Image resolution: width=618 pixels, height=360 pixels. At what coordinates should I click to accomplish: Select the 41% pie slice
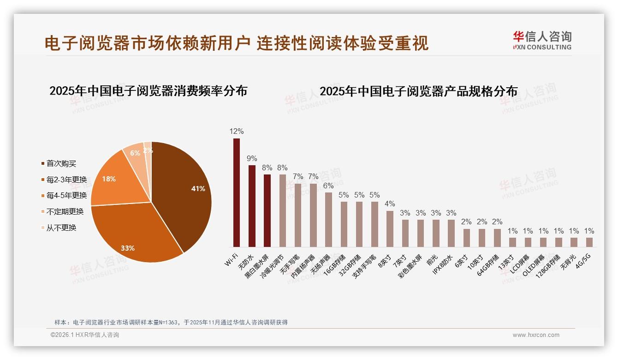tap(184, 194)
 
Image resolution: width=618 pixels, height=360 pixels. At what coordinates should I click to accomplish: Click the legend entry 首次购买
tap(61, 163)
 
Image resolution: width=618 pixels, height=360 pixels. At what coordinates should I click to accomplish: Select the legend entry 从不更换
tap(61, 228)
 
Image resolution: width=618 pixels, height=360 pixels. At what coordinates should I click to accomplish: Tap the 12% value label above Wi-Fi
tap(237, 132)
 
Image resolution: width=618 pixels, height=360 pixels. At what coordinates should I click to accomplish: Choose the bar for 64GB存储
tap(497, 238)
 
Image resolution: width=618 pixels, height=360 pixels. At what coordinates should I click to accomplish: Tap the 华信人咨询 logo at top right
tap(542, 40)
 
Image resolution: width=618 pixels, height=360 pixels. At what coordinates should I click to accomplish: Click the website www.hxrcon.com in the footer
tap(536, 335)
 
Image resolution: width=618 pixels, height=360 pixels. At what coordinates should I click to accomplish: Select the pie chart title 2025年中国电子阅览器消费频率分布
tap(148, 91)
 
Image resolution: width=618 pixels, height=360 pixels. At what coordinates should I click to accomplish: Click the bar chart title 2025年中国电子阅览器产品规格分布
tap(418, 91)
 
